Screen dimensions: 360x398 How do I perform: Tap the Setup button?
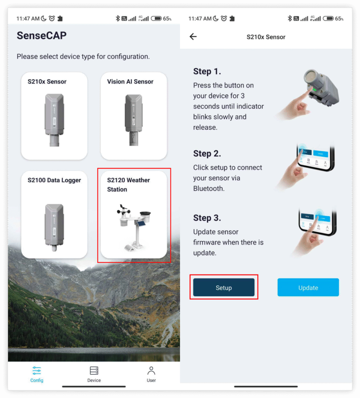pyautogui.click(x=224, y=287)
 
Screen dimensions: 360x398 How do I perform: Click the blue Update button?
pyautogui.click(x=308, y=287)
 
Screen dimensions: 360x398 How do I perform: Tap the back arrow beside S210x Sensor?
pyautogui.click(x=193, y=37)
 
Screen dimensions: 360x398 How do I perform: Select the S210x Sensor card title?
pyautogui.click(x=47, y=82)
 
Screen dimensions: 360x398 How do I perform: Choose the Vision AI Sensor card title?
pyautogui.click(x=130, y=82)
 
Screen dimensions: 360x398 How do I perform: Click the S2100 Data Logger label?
pyautogui.click(x=54, y=180)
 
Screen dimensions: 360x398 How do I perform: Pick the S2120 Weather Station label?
pyautogui.click(x=128, y=185)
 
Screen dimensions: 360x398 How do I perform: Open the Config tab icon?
pyautogui.click(x=37, y=370)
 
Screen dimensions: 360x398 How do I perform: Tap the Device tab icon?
pyautogui.click(x=94, y=370)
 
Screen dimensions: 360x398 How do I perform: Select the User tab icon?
pyautogui.click(x=151, y=370)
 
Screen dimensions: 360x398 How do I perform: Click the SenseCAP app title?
pyautogui.click(x=42, y=35)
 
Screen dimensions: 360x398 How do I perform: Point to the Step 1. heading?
pyautogui.click(x=207, y=72)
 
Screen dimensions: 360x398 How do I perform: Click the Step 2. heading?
pyautogui.click(x=207, y=154)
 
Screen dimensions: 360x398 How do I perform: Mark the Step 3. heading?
pyautogui.click(x=207, y=218)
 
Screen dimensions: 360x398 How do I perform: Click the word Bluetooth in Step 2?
pyautogui.click(x=209, y=189)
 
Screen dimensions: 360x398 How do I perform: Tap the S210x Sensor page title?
pyautogui.click(x=266, y=37)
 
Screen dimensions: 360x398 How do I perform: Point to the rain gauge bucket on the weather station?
pyautogui.click(x=145, y=216)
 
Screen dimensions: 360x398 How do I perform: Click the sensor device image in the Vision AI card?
pyautogui.click(x=134, y=120)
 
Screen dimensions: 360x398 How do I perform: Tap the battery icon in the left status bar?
pyautogui.click(x=156, y=19)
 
